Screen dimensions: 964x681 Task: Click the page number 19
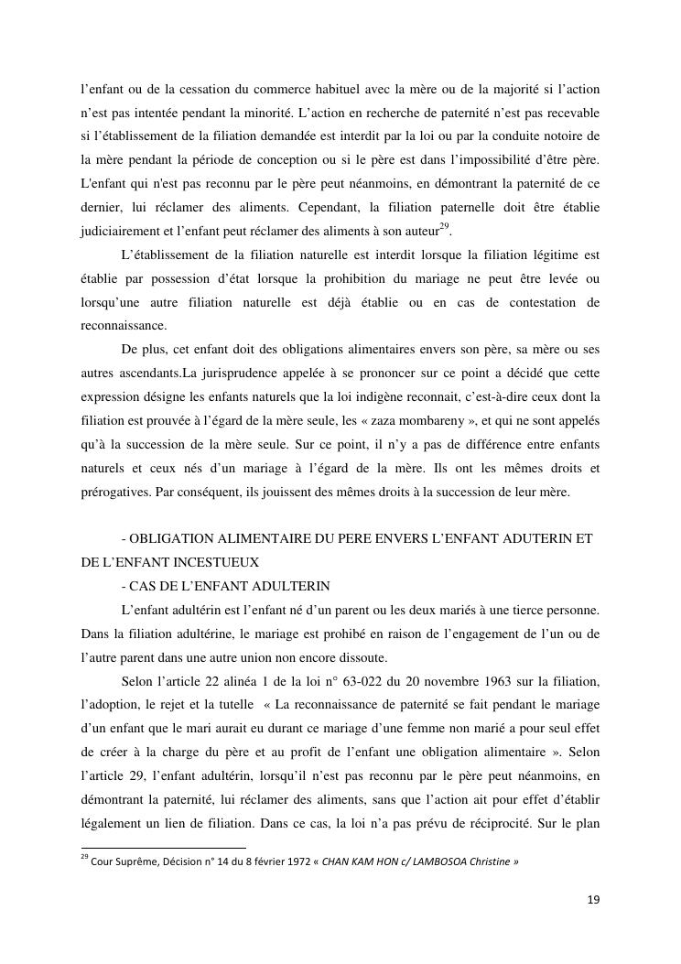[x=593, y=900]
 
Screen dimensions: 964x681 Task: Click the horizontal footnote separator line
[x=163, y=848]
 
